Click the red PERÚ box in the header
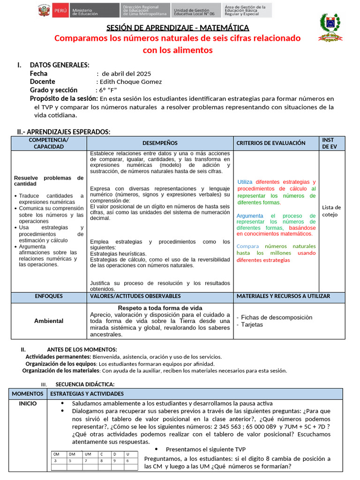pyautogui.click(x=60, y=10)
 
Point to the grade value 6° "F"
pyautogui.click(x=107, y=90)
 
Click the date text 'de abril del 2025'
pyautogui.click(x=127, y=74)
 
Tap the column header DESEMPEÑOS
pyautogui.click(x=160, y=143)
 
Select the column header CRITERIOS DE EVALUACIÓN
pyautogui.click(x=271, y=143)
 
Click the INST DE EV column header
pyautogui.click(x=328, y=143)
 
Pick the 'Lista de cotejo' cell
pyautogui.click(x=331, y=211)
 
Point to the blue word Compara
pyautogui.click(x=247, y=246)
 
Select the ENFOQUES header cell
pyautogui.click(x=49, y=296)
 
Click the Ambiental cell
pyautogui.click(x=49, y=321)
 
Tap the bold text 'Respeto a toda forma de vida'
pyautogui.click(x=160, y=307)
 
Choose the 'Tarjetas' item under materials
pyautogui.click(x=252, y=324)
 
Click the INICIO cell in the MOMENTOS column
pyautogui.click(x=28, y=403)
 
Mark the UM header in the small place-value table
pyautogui.click(x=88, y=454)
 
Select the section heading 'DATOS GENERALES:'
pyautogui.click(x=60, y=65)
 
